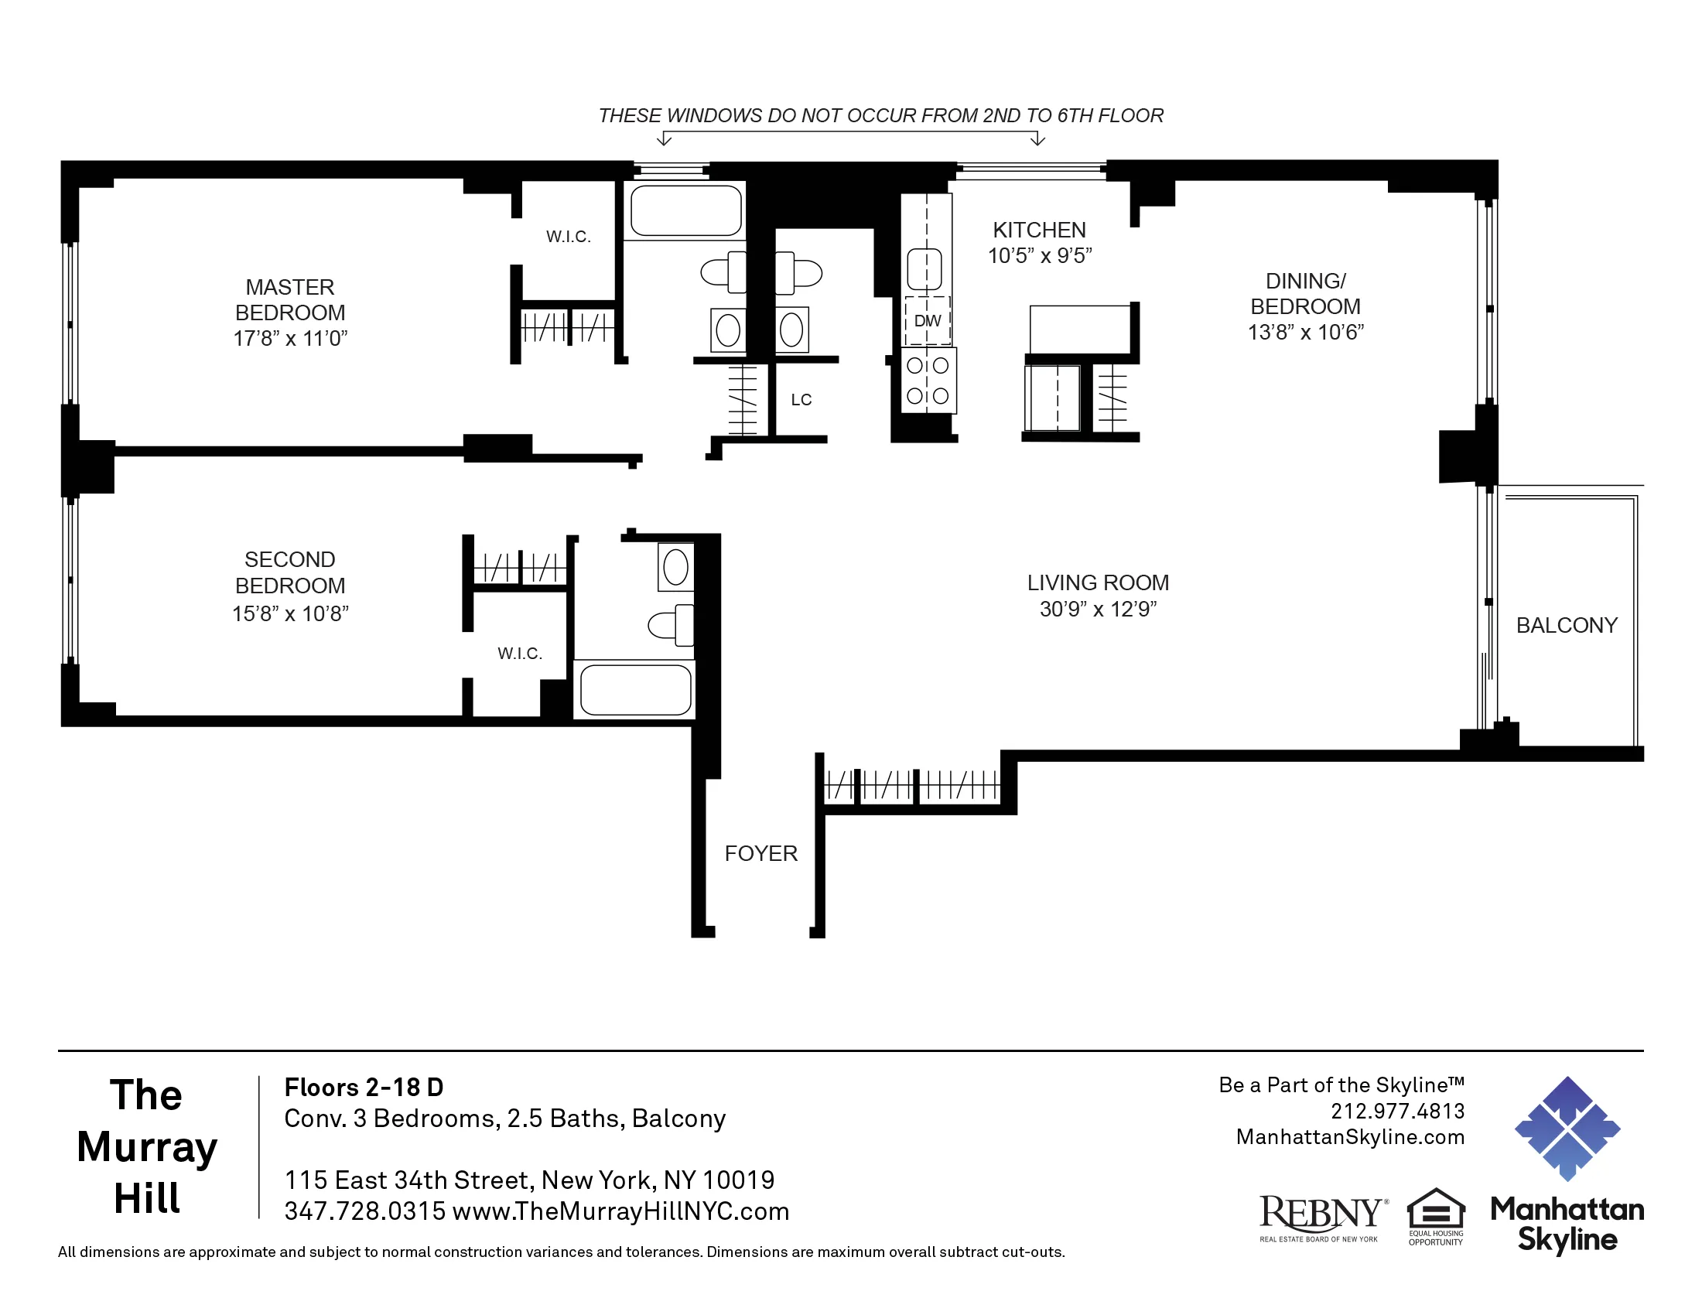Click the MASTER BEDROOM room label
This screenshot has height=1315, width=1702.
[290, 300]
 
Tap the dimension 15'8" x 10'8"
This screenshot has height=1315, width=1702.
[290, 614]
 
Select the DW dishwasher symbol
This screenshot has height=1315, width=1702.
[928, 321]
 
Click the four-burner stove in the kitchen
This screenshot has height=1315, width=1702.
[928, 381]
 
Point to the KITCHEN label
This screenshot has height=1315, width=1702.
[1039, 231]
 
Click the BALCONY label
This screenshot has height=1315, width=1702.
[1567, 626]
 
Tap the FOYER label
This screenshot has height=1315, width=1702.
[760, 854]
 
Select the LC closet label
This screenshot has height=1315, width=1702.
[801, 400]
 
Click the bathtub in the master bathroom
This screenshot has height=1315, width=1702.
[685, 210]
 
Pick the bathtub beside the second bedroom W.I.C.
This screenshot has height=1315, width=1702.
[636, 690]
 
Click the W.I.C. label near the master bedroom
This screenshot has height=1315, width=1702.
[568, 237]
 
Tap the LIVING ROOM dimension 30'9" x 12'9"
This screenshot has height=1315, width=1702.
[1098, 610]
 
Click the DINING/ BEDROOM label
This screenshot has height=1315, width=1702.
[1305, 294]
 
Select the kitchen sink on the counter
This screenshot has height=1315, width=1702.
[925, 268]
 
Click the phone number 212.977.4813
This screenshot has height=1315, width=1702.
[1397, 1111]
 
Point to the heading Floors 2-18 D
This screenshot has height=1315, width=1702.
[363, 1088]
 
